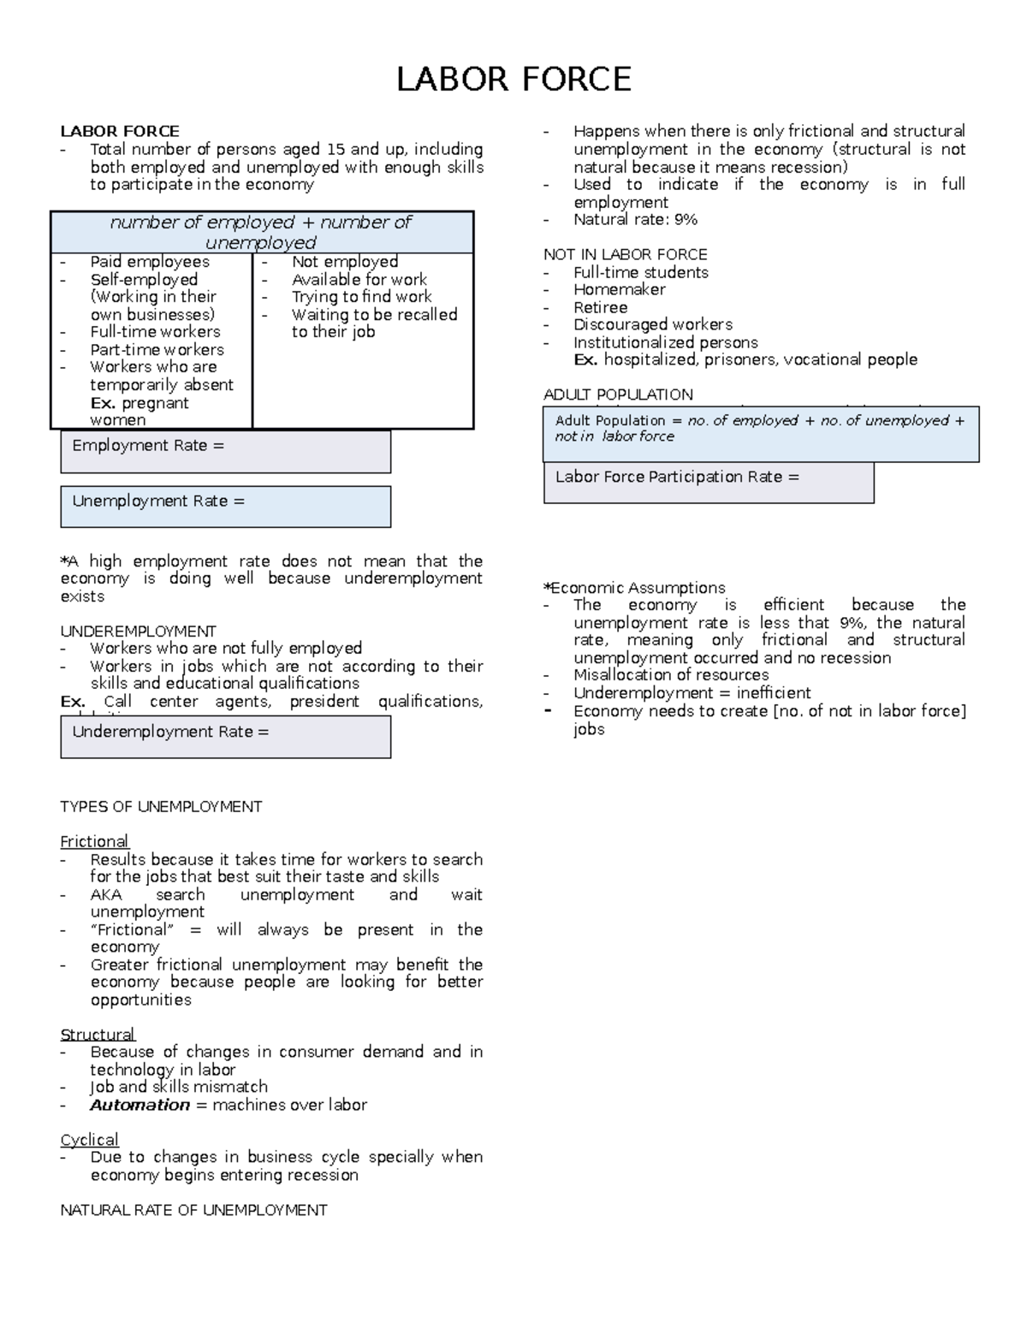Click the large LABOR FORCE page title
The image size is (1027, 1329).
pos(513,80)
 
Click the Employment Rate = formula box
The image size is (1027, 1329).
pos(225,451)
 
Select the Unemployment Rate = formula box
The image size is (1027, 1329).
pos(225,507)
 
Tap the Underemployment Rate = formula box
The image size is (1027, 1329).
pos(225,737)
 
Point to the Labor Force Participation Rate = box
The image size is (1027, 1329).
pos(709,483)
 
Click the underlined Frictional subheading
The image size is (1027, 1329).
pos(94,841)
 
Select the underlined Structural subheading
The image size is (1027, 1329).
pos(98,1035)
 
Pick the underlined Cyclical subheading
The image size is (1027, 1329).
pos(89,1140)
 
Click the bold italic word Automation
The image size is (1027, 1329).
pos(140,1105)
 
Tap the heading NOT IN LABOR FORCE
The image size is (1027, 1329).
pos(625,254)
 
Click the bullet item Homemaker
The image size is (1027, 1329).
pos(619,289)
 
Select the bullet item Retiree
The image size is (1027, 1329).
pos(600,307)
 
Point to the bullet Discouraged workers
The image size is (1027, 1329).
pos(652,324)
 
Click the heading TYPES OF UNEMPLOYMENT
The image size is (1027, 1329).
pos(161,806)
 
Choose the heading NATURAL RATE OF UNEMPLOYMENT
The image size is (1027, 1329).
pos(193,1210)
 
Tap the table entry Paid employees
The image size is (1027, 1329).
pos(149,262)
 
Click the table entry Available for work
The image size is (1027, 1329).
pos(359,279)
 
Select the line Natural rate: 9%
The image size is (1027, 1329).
pos(635,219)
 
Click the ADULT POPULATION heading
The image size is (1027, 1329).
pos(618,395)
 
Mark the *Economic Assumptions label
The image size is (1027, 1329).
pos(634,588)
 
